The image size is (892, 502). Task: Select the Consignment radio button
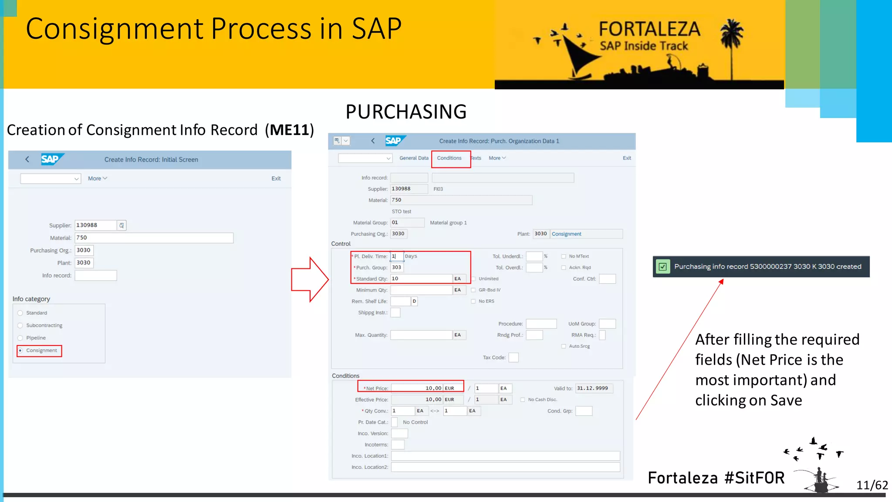pos(20,350)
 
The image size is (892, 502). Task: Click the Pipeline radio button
pos(20,338)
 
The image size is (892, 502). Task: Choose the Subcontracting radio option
pos(20,326)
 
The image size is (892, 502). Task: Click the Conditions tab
pos(449,158)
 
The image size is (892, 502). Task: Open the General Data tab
pos(414,158)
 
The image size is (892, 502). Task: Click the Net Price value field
pos(417,388)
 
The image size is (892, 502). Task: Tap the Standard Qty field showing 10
pos(421,279)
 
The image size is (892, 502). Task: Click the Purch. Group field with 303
pos(397,268)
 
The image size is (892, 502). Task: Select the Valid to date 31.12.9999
pos(594,388)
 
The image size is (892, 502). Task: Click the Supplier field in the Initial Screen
pos(95,225)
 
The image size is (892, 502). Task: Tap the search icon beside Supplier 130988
pos(122,225)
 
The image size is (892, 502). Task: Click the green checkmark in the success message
pos(662,267)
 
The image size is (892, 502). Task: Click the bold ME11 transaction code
pos(289,130)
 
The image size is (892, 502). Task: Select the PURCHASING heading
pos(406,112)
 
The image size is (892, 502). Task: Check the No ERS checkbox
pos(473,301)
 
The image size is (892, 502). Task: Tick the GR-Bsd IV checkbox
pos(473,290)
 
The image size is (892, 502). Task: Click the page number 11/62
pos(872,485)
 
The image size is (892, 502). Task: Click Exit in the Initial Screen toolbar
pos(276,179)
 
